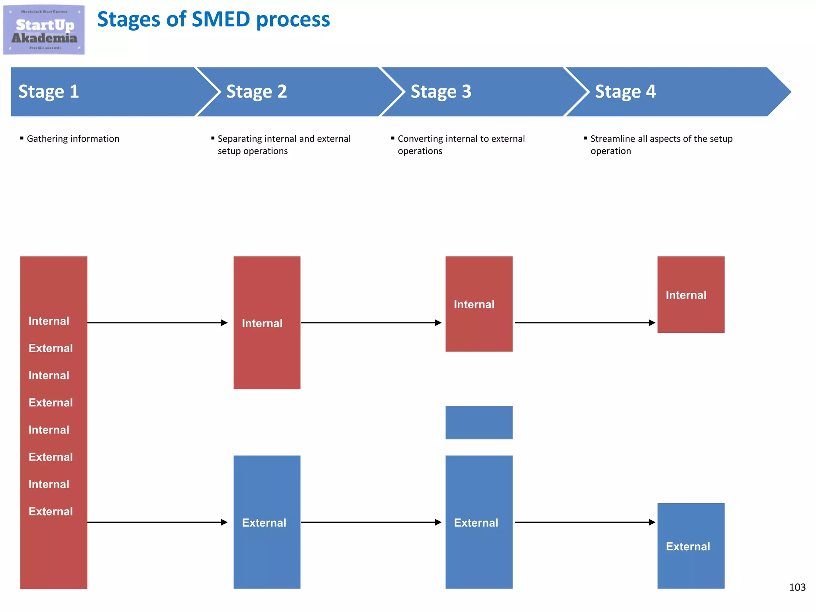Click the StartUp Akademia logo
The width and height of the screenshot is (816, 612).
pos(44,30)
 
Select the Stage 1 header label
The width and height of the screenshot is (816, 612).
pos(49,92)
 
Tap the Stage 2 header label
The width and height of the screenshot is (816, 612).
pos(257,92)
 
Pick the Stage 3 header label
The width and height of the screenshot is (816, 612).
pos(441,92)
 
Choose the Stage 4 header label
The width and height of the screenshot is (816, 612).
pos(625,92)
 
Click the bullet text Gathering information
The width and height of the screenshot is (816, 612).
pos(73,139)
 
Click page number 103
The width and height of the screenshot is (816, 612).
pos(797,587)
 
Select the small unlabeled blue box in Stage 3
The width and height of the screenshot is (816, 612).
pos(479,422)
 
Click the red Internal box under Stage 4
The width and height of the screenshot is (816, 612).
pos(690,294)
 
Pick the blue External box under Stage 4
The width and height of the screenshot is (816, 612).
pos(690,546)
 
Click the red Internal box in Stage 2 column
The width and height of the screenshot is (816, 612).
pos(267,323)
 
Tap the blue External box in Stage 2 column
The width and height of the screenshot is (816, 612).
pos(267,522)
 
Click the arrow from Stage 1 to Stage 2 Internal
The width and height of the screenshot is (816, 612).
pos(157,323)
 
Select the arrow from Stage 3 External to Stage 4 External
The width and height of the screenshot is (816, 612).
pos(585,522)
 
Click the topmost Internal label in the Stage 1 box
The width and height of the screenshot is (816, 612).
pos(49,321)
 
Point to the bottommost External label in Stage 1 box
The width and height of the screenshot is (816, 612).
pos(51,511)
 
